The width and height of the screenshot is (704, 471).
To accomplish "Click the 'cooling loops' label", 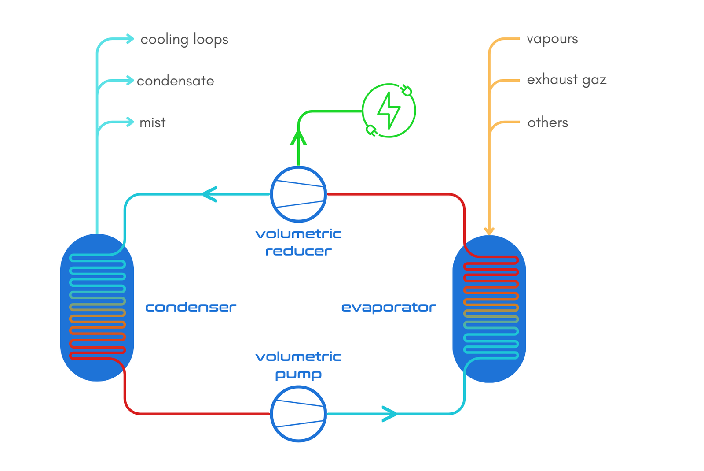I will [x=184, y=40].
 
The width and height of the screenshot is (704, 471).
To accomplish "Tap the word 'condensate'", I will [x=175, y=81].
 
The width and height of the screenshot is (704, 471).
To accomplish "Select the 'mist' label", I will [x=152, y=122].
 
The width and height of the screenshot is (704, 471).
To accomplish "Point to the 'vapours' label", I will [x=552, y=39].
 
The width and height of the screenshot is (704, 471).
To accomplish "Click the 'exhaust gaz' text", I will [x=566, y=80].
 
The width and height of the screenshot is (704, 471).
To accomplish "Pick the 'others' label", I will [x=547, y=122].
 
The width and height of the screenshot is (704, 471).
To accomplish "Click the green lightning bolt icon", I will [x=389, y=111].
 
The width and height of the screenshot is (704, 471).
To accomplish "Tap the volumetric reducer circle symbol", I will [x=298, y=194].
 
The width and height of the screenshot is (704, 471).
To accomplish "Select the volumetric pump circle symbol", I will [x=298, y=414].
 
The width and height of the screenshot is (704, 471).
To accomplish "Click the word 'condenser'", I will [x=191, y=307].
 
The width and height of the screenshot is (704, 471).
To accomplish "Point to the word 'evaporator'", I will [x=389, y=307].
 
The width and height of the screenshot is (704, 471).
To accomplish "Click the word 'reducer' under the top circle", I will [x=298, y=251].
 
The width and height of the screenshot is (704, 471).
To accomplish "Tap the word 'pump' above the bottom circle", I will [x=298, y=374].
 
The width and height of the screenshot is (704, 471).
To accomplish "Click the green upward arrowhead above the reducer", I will [x=298, y=137].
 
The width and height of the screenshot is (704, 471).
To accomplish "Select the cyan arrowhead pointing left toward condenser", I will [x=209, y=194].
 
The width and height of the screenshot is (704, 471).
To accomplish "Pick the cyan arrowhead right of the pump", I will [x=389, y=414].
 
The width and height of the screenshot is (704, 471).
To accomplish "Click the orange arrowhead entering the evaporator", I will [x=489, y=231].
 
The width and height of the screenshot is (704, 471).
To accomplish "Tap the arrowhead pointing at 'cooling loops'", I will [x=130, y=39].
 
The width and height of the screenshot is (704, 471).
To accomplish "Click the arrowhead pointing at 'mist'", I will [x=130, y=122].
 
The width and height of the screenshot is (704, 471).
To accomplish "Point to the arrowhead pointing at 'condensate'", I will [x=130, y=81].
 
